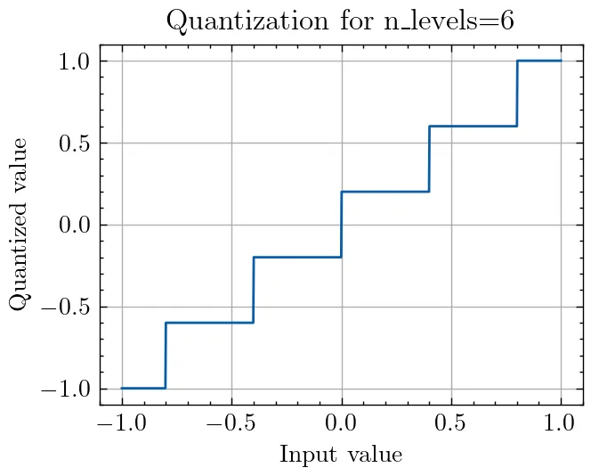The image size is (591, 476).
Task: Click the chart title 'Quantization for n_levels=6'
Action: click(x=341, y=21)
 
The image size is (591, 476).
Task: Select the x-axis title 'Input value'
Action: click(x=341, y=455)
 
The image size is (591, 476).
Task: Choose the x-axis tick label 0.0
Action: click(x=341, y=424)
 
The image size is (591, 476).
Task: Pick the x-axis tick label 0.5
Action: click(x=451, y=424)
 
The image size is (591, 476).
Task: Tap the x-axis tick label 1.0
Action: click(x=561, y=424)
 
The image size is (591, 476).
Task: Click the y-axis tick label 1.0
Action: click(x=75, y=61)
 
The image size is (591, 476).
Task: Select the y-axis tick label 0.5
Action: click(x=75, y=143)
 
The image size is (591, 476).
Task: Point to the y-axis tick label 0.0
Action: click(x=75, y=225)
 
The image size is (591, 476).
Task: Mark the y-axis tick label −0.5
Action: click(x=68, y=307)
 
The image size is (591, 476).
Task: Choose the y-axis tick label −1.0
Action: click(x=68, y=389)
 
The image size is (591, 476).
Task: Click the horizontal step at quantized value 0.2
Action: click(x=385, y=192)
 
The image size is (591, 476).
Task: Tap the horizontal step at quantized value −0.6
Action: click(x=209, y=323)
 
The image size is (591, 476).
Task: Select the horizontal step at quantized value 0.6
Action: click(x=473, y=126)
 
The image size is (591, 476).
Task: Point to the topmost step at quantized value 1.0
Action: click(x=539, y=61)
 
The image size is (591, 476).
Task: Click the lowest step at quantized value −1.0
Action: click(x=143, y=388)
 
